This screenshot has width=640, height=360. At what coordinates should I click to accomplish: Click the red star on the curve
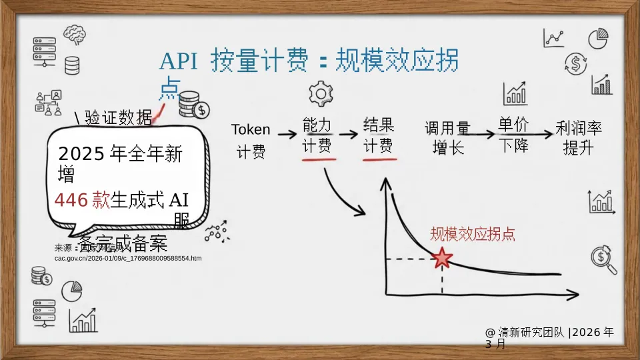click(x=441, y=258)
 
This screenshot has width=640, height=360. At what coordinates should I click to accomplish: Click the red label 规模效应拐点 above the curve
click(x=472, y=234)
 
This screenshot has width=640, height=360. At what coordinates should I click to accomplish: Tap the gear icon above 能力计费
click(x=321, y=93)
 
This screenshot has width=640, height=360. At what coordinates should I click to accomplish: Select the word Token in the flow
click(x=251, y=129)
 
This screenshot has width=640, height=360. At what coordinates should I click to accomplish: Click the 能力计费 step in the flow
click(x=317, y=136)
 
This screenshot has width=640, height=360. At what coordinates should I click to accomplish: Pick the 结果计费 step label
click(x=378, y=136)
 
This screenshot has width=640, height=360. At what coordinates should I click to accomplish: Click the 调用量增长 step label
click(x=447, y=137)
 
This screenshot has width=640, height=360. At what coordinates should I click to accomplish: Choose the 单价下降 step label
click(x=513, y=135)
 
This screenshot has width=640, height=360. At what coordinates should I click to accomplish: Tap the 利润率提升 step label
click(x=579, y=137)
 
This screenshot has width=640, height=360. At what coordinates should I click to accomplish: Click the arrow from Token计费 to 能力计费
click(x=287, y=133)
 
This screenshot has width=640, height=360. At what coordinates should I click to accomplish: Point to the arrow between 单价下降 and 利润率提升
click(x=543, y=133)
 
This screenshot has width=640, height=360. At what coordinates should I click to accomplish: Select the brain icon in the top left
click(x=75, y=34)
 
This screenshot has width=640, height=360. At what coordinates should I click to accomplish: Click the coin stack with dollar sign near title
click(x=193, y=105)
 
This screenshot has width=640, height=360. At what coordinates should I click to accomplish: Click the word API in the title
click(x=178, y=62)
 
